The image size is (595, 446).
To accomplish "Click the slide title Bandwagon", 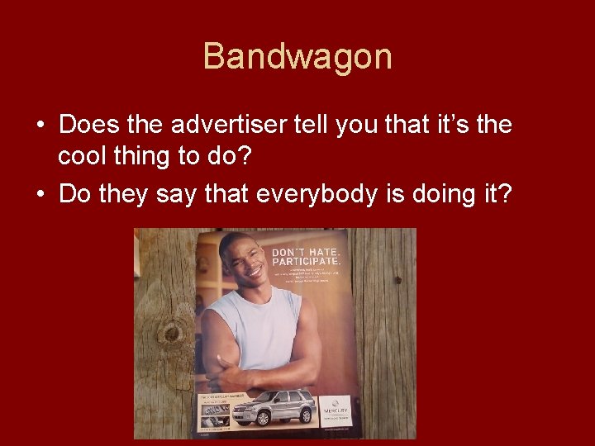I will [297, 57].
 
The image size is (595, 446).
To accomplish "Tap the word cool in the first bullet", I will [85, 158].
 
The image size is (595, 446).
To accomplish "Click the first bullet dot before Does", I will [40, 126].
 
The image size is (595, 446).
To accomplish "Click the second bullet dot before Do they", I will [40, 194].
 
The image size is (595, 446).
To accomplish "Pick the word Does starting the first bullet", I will [85, 126].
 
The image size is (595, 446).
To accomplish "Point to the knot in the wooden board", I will [171, 333].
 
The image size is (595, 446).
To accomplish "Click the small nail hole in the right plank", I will [397, 280].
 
